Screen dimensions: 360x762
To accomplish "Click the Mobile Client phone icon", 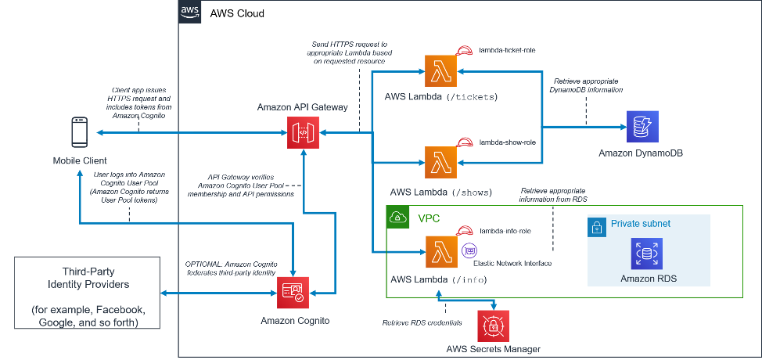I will click(79, 133).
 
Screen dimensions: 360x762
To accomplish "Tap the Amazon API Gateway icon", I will click(303, 133).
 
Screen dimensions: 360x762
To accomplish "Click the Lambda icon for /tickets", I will click(441, 72).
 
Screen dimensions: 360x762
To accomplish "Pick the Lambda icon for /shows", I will click(441, 164).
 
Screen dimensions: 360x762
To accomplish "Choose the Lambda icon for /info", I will click(441, 252).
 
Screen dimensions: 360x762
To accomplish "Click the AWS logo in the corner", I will click(190, 12).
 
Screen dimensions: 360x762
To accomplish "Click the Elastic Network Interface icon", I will click(470, 250).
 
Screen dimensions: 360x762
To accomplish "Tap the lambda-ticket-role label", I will click(507, 51).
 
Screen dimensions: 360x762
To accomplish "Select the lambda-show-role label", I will click(507, 142).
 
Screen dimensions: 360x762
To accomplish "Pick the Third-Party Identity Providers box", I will click(87, 293).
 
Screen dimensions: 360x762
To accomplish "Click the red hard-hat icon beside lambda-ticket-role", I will click(465, 52).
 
